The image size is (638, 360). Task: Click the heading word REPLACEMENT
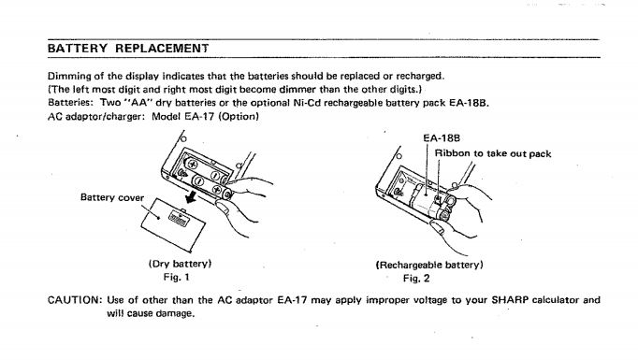pyautogui.click(x=162, y=49)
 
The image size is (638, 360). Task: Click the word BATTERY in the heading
pyautogui.click(x=78, y=49)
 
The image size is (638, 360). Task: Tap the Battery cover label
pyautogui.click(x=112, y=197)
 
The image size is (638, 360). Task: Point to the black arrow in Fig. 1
pyautogui.click(x=190, y=197)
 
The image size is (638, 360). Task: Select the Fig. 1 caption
pyautogui.click(x=176, y=278)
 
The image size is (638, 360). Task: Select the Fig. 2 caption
pyautogui.click(x=416, y=279)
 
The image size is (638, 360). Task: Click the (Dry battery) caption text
pyautogui.click(x=180, y=264)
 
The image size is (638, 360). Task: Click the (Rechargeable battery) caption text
pyautogui.click(x=429, y=265)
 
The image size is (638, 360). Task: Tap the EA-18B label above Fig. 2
pyautogui.click(x=442, y=138)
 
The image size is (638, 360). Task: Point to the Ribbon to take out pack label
pyautogui.click(x=493, y=153)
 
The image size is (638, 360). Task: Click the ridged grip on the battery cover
pyautogui.click(x=179, y=219)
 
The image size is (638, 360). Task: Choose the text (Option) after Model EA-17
pyautogui.click(x=239, y=116)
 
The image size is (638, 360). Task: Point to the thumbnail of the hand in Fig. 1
pyautogui.click(x=223, y=208)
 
